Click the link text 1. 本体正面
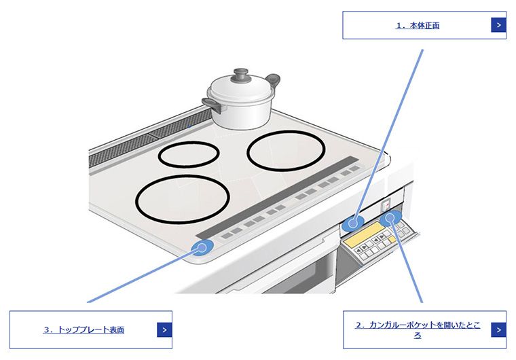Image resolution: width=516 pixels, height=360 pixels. point(418,25)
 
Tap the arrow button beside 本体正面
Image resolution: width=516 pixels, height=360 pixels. point(498,25)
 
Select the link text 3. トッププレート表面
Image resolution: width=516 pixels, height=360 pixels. point(84,329)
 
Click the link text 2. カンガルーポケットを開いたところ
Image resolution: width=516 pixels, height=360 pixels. point(418,329)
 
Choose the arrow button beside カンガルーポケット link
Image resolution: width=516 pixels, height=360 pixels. point(498,329)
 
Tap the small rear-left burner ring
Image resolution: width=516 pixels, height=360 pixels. point(189,154)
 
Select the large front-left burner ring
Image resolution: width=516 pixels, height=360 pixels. point(183,199)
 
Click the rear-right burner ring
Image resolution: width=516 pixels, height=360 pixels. point(286,151)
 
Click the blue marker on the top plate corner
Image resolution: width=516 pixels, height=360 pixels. point(202,247)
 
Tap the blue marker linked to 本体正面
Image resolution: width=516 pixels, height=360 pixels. point(353,223)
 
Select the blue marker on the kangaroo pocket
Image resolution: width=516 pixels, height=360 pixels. point(390,218)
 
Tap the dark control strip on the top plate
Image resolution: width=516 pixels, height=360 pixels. point(278,197)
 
